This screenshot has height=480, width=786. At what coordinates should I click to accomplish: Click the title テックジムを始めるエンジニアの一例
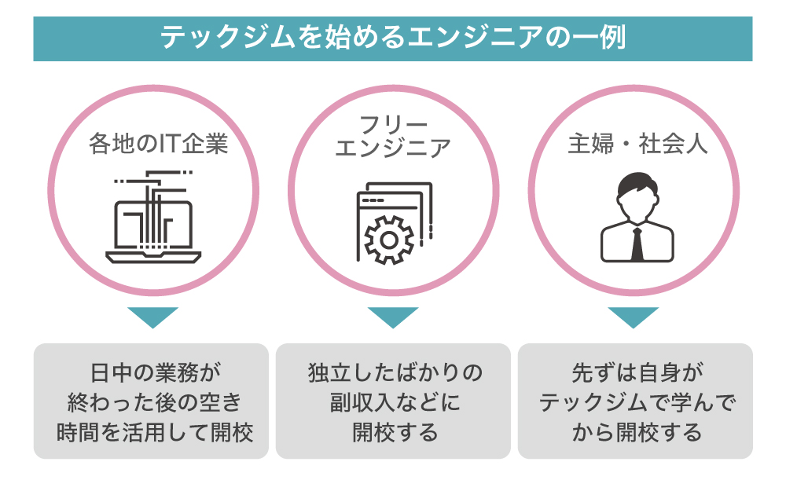[x=392, y=38]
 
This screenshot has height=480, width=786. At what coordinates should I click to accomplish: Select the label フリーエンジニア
[x=393, y=135]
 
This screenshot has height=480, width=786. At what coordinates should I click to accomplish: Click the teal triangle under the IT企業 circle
[x=152, y=317]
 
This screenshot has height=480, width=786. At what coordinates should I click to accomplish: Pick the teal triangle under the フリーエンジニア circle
[x=393, y=317]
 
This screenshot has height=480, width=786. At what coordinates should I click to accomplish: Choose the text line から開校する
[x=636, y=431]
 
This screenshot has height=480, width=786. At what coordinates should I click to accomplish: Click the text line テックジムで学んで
[x=636, y=402]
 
